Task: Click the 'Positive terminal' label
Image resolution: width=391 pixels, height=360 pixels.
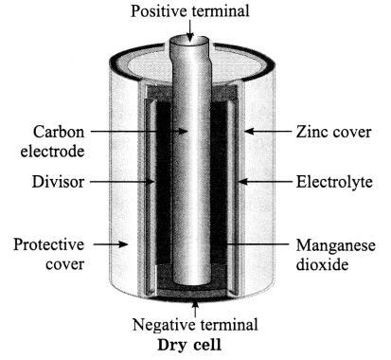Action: (190, 11)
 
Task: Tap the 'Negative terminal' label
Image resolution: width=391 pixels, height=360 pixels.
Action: (195, 325)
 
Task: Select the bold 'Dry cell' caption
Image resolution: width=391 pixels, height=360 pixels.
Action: (189, 345)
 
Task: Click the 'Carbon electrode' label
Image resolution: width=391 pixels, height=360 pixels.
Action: (53, 141)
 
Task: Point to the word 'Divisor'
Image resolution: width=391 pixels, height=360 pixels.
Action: (59, 182)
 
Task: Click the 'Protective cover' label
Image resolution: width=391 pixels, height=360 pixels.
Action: (49, 254)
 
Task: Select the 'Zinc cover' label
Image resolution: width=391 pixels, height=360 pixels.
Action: (333, 132)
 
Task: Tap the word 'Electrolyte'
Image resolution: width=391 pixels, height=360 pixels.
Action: (334, 182)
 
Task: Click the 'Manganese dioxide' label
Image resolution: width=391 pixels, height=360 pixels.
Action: (336, 255)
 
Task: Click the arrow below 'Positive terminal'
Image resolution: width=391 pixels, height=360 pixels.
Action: (190, 30)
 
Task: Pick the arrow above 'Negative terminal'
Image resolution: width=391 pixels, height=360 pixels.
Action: (195, 309)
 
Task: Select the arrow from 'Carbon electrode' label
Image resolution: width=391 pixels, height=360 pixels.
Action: (139, 131)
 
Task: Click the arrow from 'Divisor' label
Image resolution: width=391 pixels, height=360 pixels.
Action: (122, 182)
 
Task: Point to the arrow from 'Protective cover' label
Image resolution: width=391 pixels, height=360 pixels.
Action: (111, 244)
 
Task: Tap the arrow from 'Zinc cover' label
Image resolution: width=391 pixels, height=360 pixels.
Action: (268, 131)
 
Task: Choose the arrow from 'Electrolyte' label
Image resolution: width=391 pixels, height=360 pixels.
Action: (264, 182)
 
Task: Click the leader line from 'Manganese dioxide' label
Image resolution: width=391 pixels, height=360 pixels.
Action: (254, 244)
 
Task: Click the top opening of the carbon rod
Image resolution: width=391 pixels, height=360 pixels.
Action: (189, 41)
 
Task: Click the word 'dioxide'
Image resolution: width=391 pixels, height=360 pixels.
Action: (322, 264)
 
